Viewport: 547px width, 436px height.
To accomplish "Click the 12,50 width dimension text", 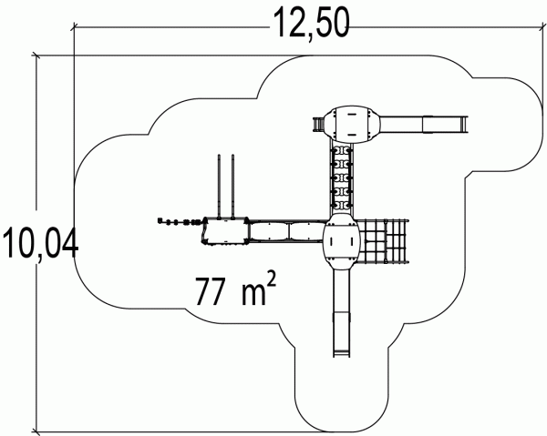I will click(309, 23).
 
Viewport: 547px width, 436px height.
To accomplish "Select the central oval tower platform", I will click(342, 240).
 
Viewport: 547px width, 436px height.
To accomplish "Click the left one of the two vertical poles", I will click(220, 186).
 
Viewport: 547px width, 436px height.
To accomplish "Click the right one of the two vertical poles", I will click(235, 186).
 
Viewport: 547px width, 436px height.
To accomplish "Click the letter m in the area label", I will click(250, 294).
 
